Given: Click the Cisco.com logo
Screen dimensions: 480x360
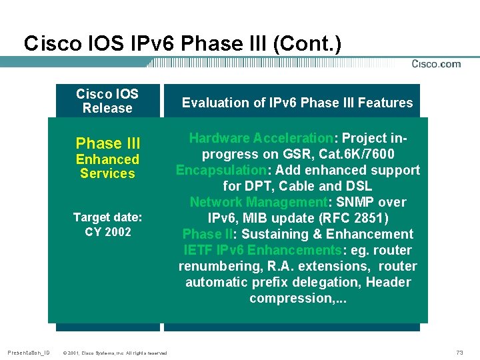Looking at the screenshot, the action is (436, 64).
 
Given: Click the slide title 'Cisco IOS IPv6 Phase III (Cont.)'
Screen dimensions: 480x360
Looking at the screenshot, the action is (182, 44).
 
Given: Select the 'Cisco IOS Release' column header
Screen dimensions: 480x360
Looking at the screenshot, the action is (107, 101).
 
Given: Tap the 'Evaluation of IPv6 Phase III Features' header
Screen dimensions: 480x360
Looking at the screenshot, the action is (297, 103).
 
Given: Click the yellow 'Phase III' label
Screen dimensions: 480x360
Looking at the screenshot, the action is (108, 143).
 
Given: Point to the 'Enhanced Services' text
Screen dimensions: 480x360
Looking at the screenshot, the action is (107, 167).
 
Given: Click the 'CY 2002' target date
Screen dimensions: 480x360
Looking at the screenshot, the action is (108, 232).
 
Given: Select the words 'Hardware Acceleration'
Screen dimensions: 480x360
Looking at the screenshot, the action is (261, 138).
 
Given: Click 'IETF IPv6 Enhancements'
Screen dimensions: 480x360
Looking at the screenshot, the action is (263, 250).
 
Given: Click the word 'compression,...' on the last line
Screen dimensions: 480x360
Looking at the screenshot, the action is (298, 298).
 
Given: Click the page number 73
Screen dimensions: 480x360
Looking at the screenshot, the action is (459, 351).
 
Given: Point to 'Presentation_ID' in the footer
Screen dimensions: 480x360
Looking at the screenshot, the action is (29, 351).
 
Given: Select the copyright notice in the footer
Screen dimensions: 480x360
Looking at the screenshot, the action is (114, 352).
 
